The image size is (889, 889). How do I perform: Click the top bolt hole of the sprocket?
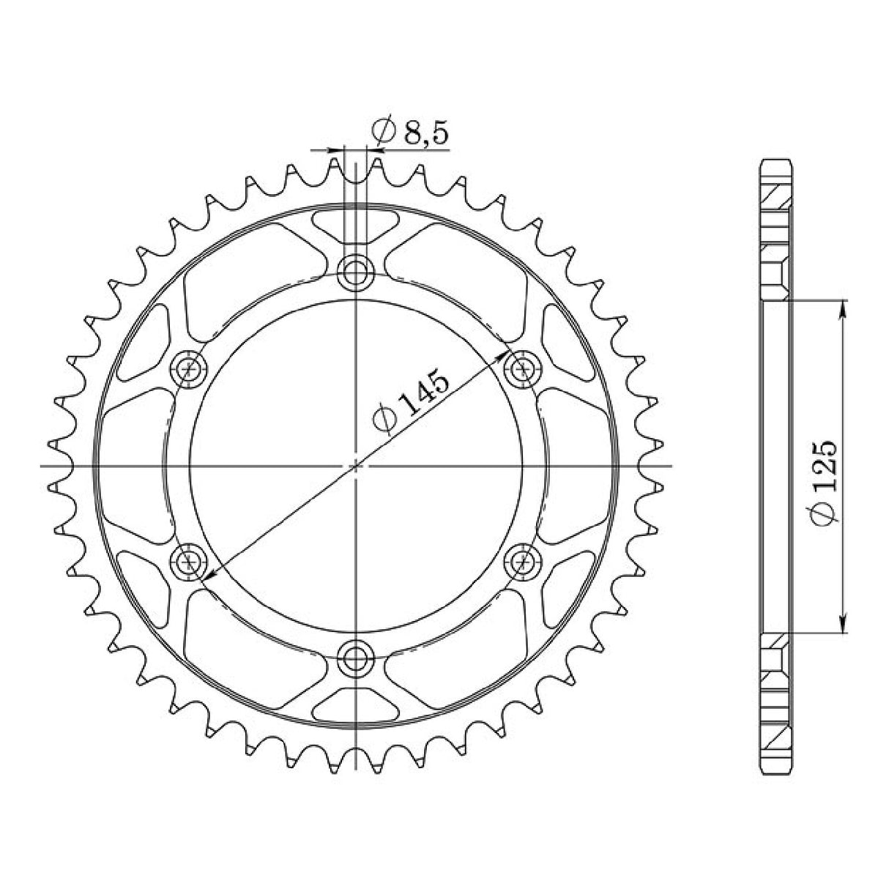(x=356, y=273)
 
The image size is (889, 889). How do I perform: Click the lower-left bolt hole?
(x=190, y=562)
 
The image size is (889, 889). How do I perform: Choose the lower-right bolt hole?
(x=523, y=562)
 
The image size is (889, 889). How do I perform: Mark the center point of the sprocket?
(x=356, y=465)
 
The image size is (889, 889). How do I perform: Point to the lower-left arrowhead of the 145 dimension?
(x=207, y=576)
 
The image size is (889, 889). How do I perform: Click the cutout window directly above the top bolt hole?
(x=356, y=226)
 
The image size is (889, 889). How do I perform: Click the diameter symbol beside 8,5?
(x=384, y=133)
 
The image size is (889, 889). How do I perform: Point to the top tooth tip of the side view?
(x=775, y=163)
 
